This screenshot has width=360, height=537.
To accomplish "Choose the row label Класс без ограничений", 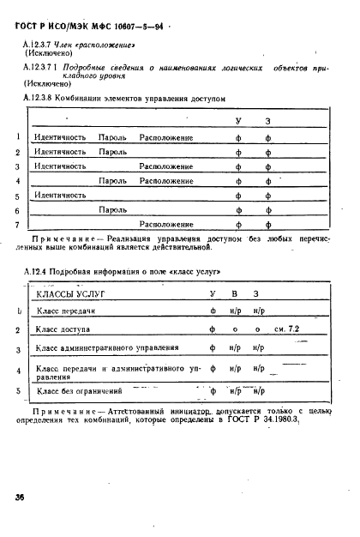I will tap(75, 391).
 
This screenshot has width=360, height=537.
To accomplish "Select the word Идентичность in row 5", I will tap(59, 195).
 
